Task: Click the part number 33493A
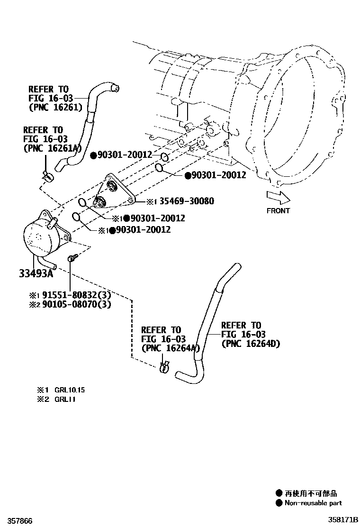point(36,273)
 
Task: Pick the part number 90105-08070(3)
point(75,304)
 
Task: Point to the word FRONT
point(278,210)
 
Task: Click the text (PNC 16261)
point(55,108)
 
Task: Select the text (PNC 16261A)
point(52,148)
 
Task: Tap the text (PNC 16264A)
point(169,348)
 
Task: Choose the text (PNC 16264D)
point(251,344)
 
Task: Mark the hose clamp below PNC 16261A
point(48,176)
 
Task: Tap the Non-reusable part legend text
point(313,503)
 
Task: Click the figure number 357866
point(19,521)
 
